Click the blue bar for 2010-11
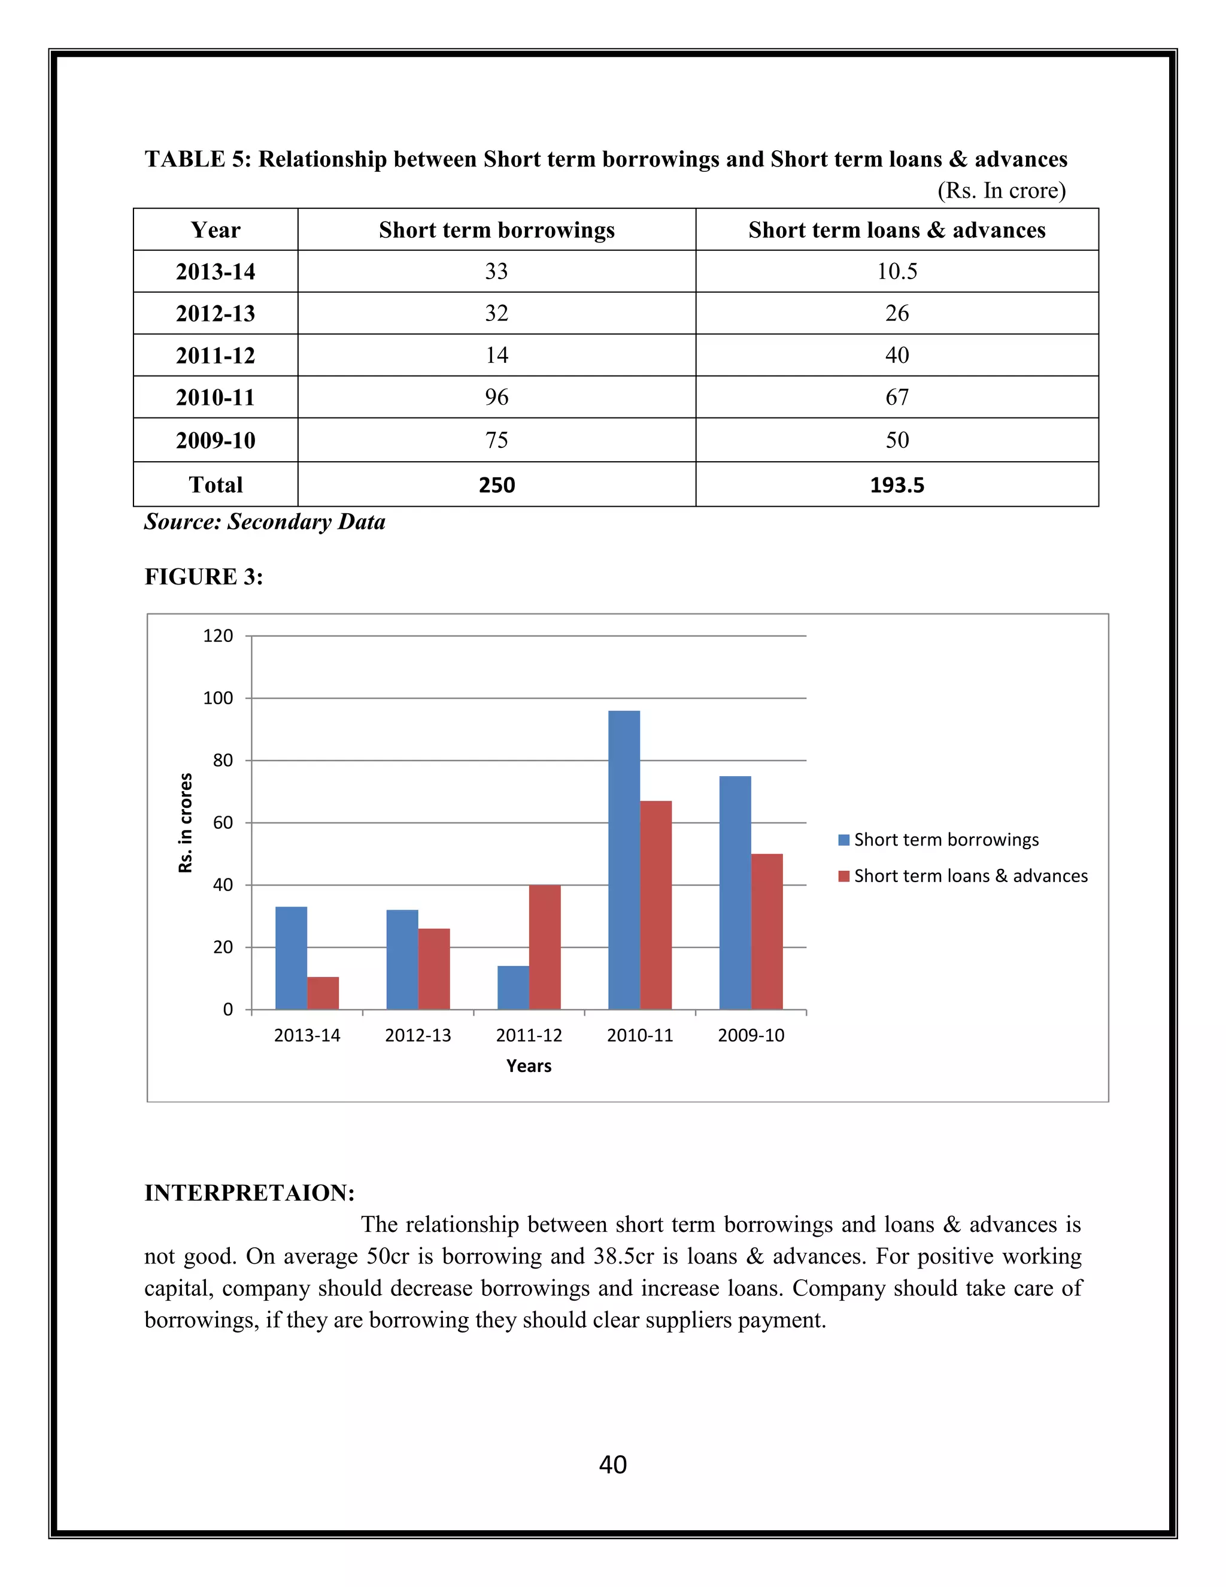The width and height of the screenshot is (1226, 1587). [x=624, y=861]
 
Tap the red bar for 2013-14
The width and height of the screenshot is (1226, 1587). [x=323, y=994]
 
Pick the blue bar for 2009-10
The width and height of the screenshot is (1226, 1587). [x=735, y=893]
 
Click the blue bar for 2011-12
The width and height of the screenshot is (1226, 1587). [x=513, y=988]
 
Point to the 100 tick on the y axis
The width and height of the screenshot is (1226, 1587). [x=218, y=698]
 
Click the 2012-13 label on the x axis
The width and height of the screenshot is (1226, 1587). [x=418, y=1035]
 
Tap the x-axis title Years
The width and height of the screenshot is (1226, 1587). [x=529, y=1066]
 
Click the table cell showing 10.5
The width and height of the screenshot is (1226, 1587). [x=897, y=272]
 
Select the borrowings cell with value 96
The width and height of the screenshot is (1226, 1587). [x=497, y=398]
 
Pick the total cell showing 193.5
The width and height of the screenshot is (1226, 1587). [x=897, y=486]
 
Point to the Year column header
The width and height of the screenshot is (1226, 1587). [x=216, y=231]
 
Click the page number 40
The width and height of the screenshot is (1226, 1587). [x=613, y=1465]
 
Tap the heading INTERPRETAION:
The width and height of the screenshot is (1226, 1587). [x=249, y=1193]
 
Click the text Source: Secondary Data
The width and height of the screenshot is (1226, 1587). [x=265, y=522]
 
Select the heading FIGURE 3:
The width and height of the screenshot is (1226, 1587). [x=204, y=577]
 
